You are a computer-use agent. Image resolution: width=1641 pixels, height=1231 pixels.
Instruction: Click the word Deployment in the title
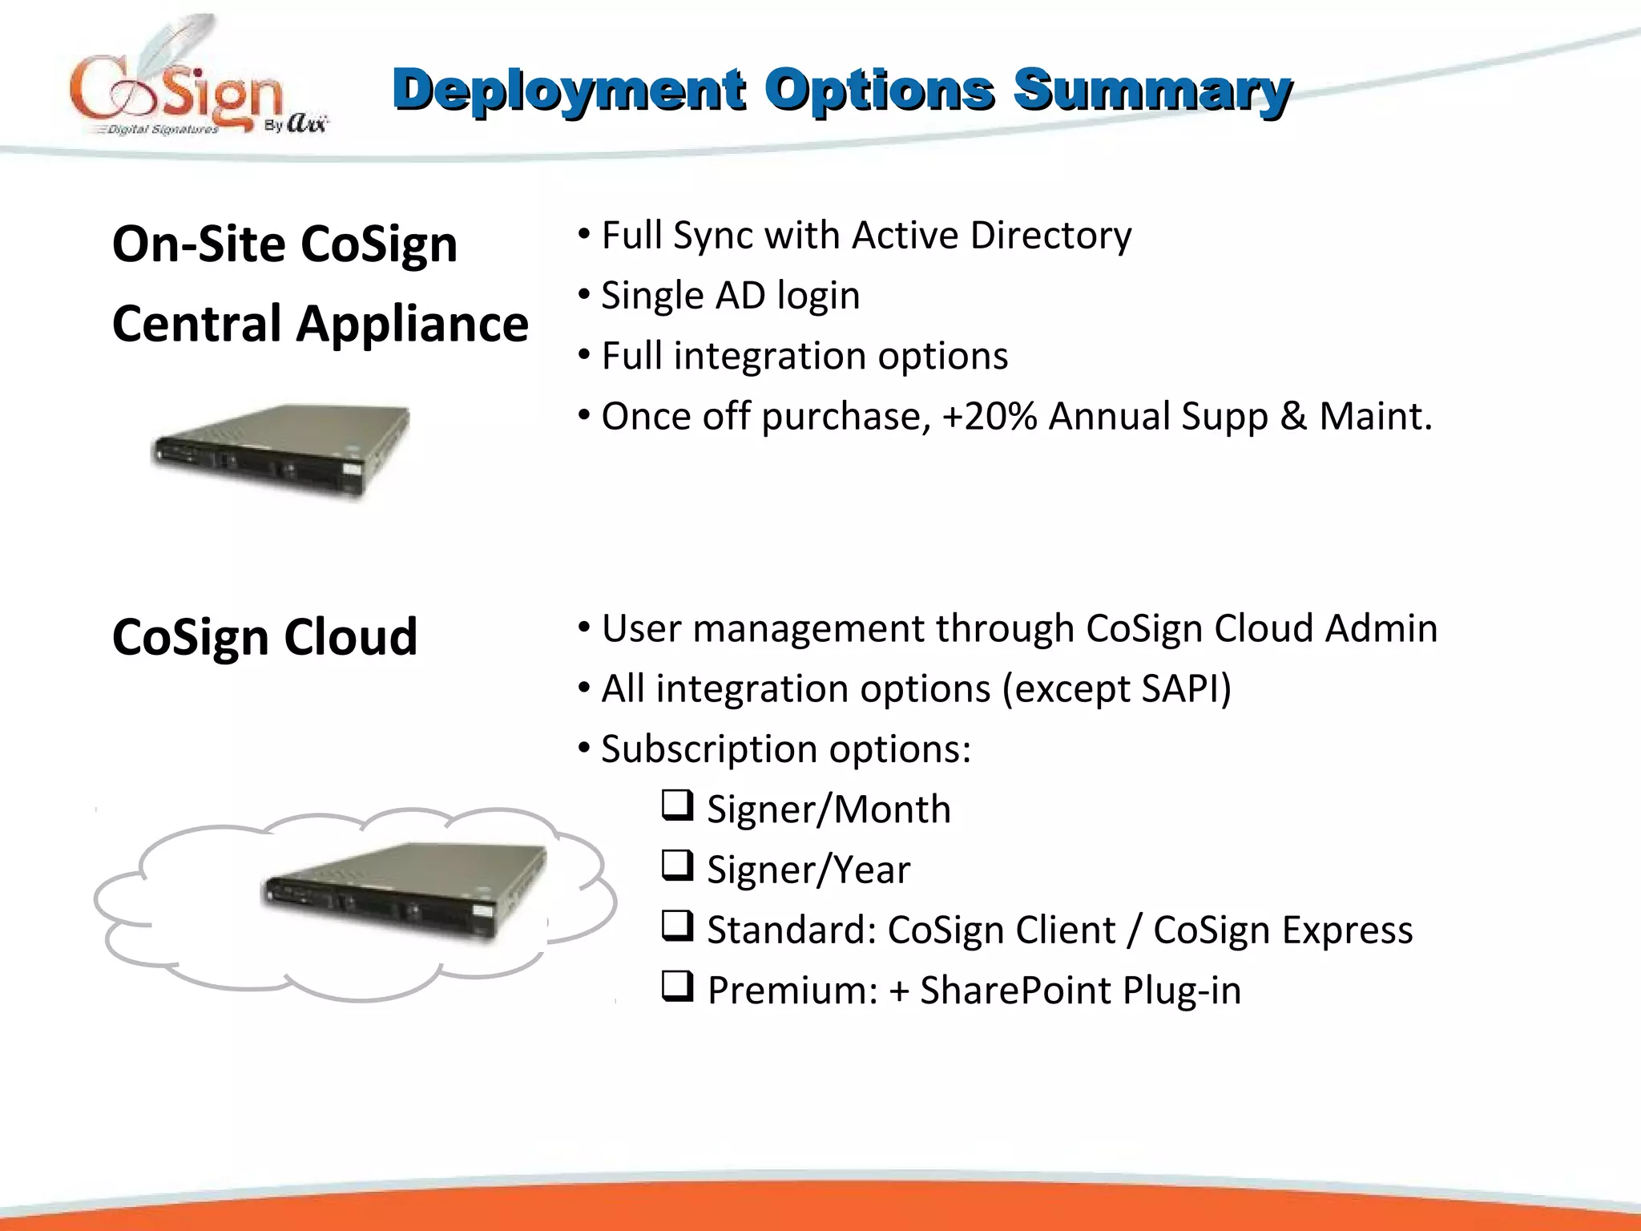(569, 90)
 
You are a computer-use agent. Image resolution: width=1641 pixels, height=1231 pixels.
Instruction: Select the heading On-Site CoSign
(284, 244)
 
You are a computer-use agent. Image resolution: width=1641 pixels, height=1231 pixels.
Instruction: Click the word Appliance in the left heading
(412, 324)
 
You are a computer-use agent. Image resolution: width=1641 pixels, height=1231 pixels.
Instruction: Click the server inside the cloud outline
(405, 891)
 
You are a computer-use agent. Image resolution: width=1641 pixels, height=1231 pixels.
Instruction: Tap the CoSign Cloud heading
(264, 637)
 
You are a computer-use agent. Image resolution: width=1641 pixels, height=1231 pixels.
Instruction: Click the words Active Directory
(991, 236)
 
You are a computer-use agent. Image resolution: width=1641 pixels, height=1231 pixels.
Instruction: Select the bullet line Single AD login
(730, 296)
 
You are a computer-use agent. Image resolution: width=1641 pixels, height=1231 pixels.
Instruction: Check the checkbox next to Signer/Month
(677, 805)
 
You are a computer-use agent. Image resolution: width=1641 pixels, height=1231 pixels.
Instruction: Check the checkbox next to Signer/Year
(677, 866)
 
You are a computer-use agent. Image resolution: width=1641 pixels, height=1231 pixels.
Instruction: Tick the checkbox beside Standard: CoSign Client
(677, 926)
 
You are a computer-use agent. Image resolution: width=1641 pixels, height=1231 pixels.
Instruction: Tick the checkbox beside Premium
(677, 986)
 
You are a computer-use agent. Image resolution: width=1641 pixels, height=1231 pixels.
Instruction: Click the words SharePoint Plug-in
(1080, 991)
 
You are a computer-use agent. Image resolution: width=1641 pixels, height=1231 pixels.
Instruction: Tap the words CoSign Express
(1282, 930)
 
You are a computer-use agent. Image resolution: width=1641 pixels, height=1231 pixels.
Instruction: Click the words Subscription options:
(785, 750)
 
